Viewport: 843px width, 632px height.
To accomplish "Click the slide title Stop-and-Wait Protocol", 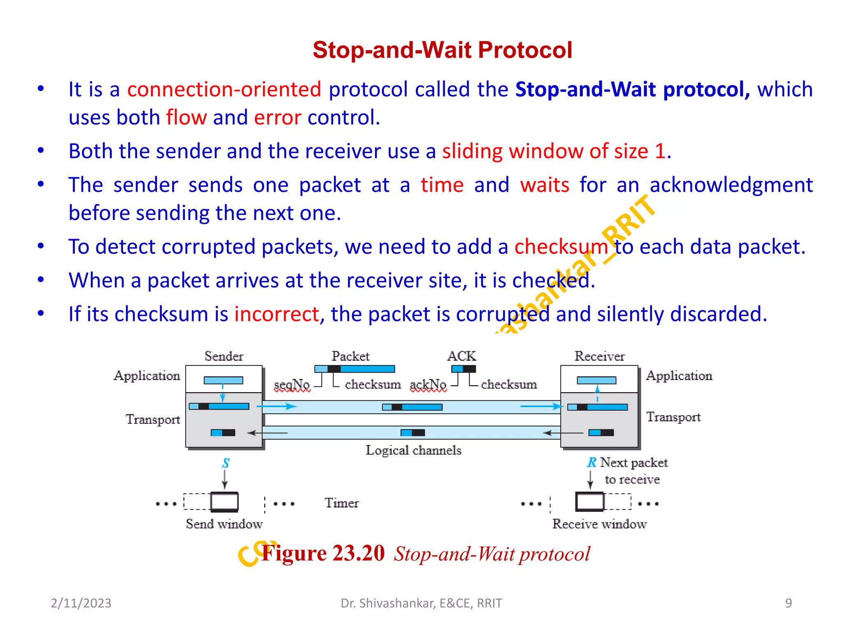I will tap(442, 50).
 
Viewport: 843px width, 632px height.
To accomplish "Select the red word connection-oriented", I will tap(224, 90).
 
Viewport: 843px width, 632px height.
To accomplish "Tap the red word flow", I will tap(186, 118).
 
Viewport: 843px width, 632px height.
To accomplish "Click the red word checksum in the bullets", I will tap(561, 247).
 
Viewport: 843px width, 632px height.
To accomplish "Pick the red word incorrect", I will tap(277, 314).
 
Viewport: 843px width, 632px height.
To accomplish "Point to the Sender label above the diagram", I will tap(224, 356).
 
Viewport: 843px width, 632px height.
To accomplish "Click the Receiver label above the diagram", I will tap(599, 356).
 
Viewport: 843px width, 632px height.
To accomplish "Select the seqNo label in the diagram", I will tap(292, 384).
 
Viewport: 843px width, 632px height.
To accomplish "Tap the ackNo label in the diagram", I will tap(428, 384).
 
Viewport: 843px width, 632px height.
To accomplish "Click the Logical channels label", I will tap(414, 450).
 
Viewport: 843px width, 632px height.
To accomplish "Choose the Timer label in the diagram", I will tap(342, 503).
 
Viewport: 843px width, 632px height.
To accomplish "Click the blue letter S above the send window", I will tap(226, 463).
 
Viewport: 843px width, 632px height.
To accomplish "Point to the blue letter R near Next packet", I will tap(591, 462).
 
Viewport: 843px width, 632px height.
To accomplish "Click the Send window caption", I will tap(224, 524).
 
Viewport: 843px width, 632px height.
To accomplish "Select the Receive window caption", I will tap(599, 524).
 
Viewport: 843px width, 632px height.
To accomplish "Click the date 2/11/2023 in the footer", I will tap(81, 603).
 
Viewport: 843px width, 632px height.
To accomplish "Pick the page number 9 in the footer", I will tap(788, 603).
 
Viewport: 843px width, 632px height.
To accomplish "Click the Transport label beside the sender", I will tap(153, 419).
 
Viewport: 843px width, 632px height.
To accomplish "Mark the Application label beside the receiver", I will tap(679, 376).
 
